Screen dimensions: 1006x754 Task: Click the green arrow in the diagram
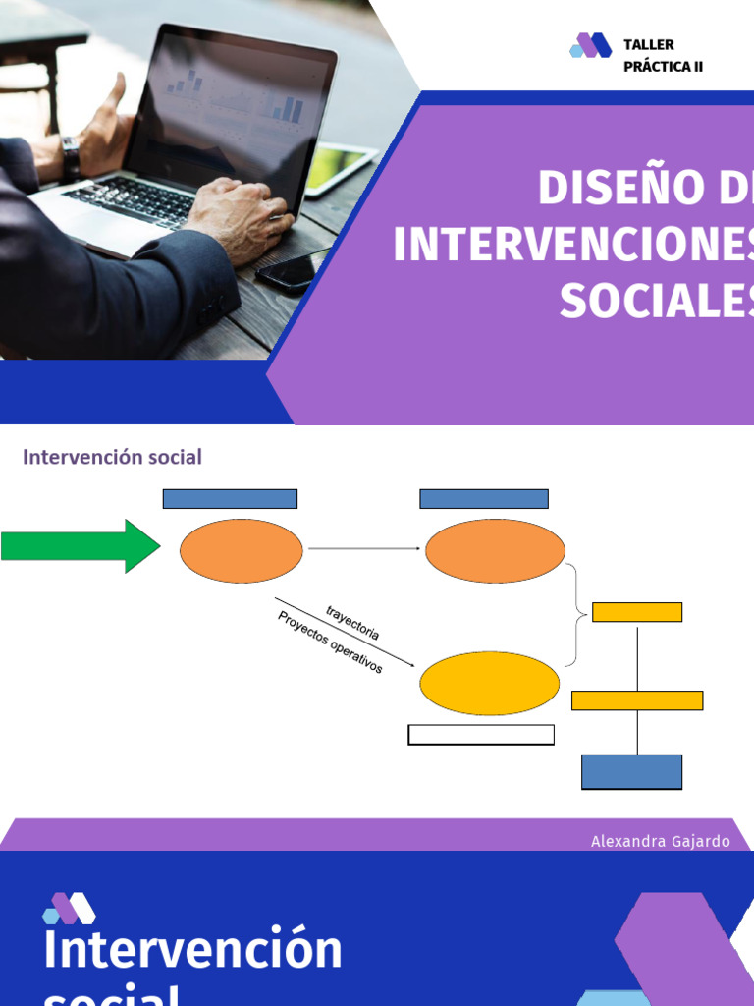click(x=79, y=546)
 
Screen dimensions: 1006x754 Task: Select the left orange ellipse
click(x=242, y=551)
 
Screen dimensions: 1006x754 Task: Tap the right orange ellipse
click(x=495, y=551)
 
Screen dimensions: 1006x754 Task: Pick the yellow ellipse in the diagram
click(x=489, y=684)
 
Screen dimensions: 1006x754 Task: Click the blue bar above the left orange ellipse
click(x=230, y=499)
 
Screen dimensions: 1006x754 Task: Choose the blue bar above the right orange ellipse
click(x=483, y=499)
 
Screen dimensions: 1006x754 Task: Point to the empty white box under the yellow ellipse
click(x=481, y=735)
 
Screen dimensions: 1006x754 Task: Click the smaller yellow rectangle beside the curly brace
click(x=637, y=612)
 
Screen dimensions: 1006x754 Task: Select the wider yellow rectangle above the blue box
click(x=637, y=700)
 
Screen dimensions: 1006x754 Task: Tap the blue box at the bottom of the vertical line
click(x=631, y=771)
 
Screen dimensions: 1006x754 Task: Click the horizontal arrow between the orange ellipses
click(x=364, y=549)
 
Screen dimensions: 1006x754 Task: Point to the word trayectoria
click(x=352, y=624)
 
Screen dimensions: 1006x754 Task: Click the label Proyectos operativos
click(x=331, y=643)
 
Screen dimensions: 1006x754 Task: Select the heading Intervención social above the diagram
click(x=112, y=457)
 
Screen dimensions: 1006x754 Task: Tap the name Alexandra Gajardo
click(x=661, y=842)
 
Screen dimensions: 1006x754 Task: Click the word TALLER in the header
click(x=649, y=45)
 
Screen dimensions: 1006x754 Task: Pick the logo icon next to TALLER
click(x=590, y=45)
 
